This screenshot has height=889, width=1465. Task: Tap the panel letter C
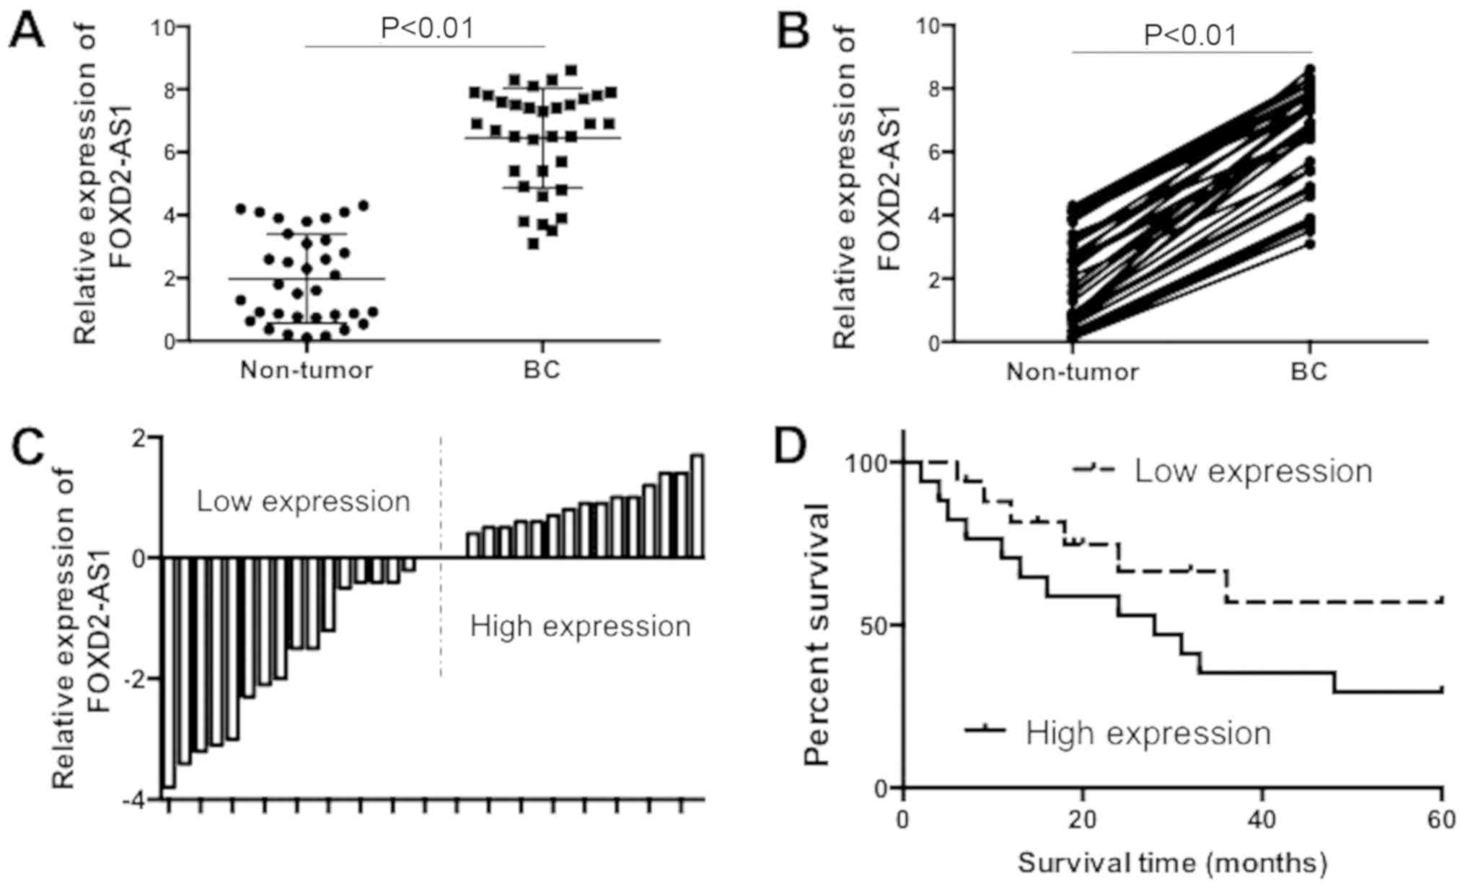27,451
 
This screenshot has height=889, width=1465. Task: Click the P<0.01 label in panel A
428,28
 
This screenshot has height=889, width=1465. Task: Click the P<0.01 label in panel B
1191,35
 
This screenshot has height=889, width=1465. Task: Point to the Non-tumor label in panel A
307,371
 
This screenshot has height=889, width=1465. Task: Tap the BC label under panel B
1309,372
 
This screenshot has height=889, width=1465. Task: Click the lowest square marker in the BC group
533,244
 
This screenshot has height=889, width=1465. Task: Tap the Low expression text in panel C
304,501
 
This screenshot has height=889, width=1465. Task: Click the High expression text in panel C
581,626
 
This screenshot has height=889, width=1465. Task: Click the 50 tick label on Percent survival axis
874,625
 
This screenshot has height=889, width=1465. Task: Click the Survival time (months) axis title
1172,862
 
